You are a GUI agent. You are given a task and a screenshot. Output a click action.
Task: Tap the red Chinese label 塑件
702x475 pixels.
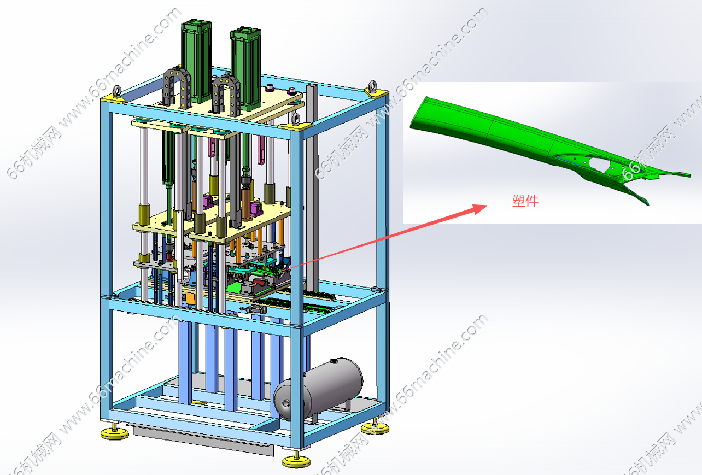coord(525,201)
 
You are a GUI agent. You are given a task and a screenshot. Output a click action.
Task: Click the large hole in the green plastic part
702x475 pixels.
coord(599,163)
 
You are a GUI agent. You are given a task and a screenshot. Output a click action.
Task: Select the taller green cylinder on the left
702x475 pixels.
coord(196,61)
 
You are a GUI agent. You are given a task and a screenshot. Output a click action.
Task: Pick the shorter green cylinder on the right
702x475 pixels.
coord(246,69)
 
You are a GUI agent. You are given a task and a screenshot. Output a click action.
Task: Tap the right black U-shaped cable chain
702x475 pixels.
coord(226,95)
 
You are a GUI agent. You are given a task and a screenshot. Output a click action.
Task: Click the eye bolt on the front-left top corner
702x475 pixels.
coord(117,91)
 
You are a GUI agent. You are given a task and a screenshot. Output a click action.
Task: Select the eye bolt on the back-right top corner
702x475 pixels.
coord(373,86)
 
